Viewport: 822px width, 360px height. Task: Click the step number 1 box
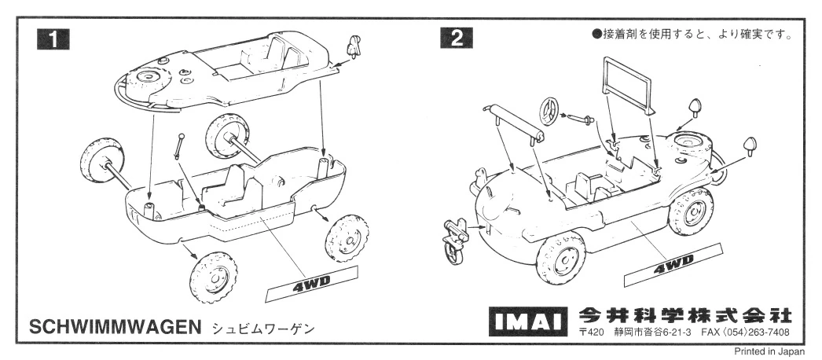[53, 38]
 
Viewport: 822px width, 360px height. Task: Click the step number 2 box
[457, 38]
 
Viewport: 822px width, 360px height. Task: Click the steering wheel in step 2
[551, 109]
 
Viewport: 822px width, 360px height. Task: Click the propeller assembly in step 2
[453, 237]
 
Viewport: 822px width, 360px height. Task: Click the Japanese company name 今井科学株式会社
[684, 315]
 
